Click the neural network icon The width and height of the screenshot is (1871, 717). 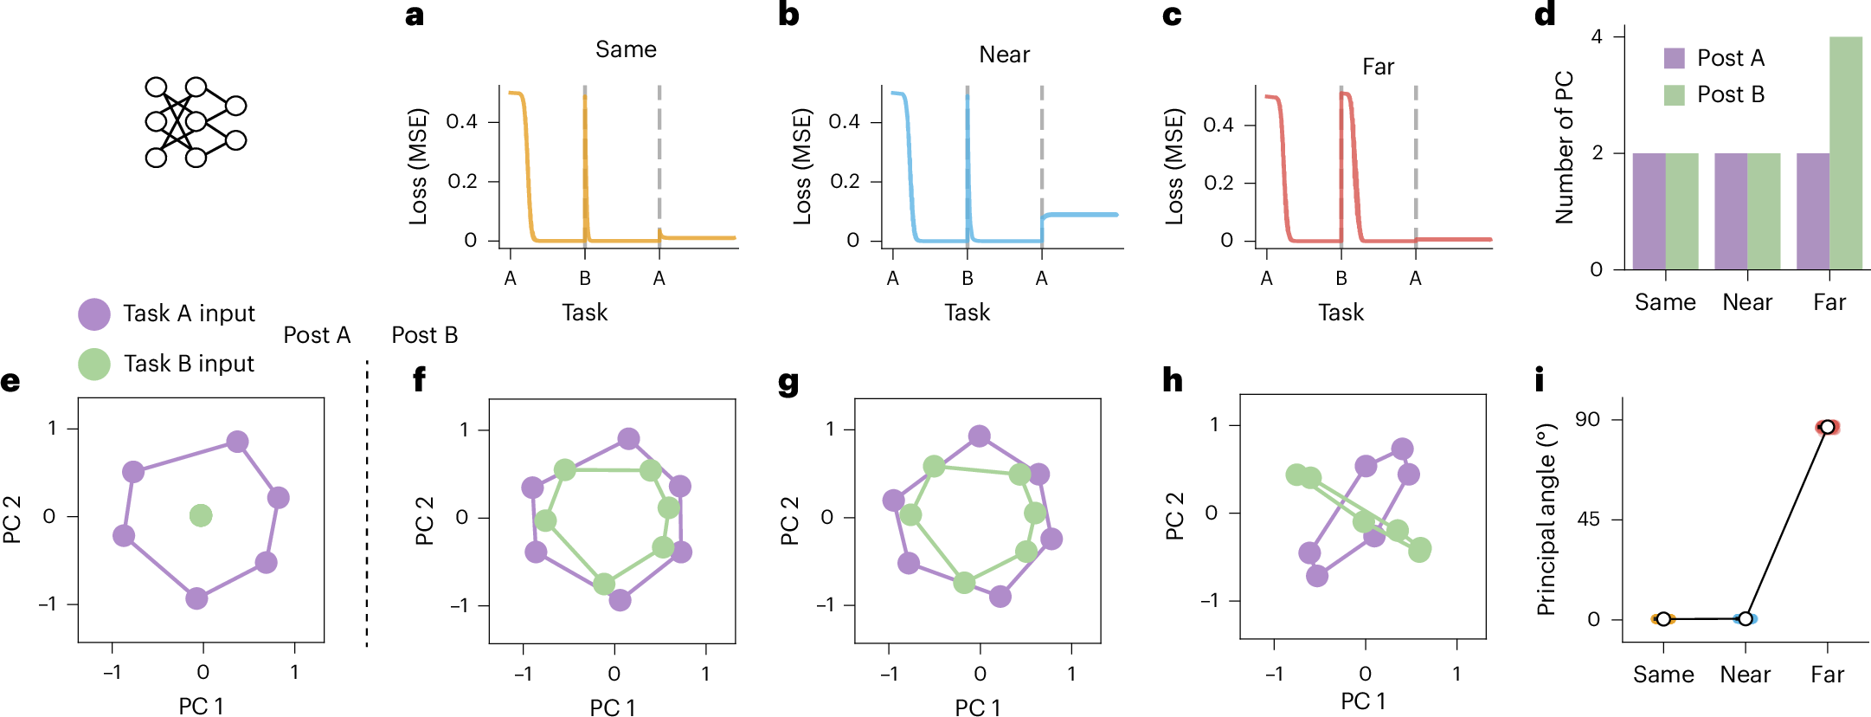[196, 122]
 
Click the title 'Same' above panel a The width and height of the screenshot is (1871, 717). [626, 49]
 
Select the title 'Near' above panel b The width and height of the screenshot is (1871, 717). [1004, 55]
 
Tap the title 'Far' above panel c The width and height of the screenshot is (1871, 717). [1378, 67]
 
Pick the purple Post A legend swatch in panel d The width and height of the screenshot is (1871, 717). [1675, 58]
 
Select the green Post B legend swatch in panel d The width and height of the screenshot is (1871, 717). [1675, 94]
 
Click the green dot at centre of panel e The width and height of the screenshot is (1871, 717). [201, 515]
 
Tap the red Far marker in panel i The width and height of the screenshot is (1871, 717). [1827, 427]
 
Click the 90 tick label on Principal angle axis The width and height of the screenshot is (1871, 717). [1587, 419]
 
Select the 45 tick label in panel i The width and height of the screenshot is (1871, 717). [1587, 519]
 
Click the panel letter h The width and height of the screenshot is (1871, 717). [1172, 379]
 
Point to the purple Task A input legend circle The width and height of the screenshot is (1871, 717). [94, 314]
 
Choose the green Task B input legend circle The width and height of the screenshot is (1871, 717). [94, 364]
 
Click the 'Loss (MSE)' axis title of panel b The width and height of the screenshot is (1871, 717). [802, 166]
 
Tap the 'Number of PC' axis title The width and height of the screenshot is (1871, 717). [1564, 147]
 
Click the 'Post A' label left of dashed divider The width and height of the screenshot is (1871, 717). [317, 335]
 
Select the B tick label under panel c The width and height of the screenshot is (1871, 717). [1341, 278]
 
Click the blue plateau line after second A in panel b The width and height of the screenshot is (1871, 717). [1082, 214]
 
